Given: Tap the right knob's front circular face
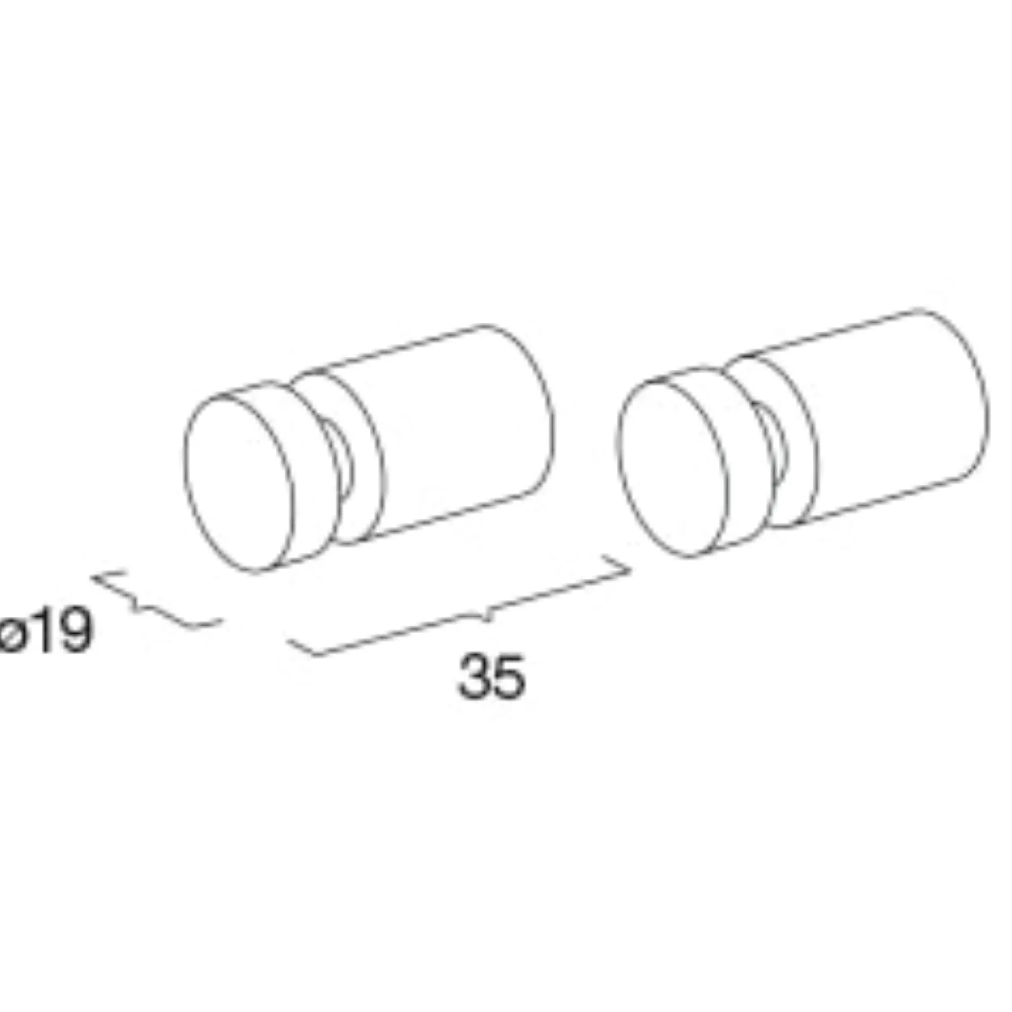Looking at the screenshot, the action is click(673, 468).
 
